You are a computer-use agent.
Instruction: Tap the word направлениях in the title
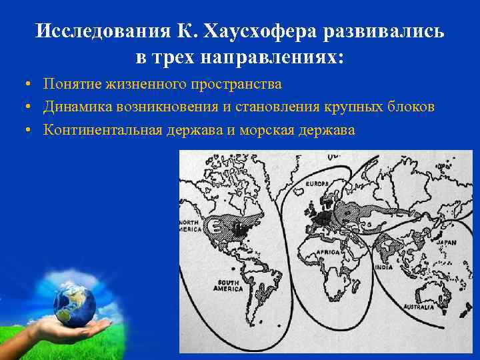(271, 57)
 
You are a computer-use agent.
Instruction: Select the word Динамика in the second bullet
(75, 107)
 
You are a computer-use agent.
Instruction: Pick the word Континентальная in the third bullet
(102, 129)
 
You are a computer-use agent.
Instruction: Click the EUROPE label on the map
(319, 183)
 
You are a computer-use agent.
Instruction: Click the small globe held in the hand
(74, 303)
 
